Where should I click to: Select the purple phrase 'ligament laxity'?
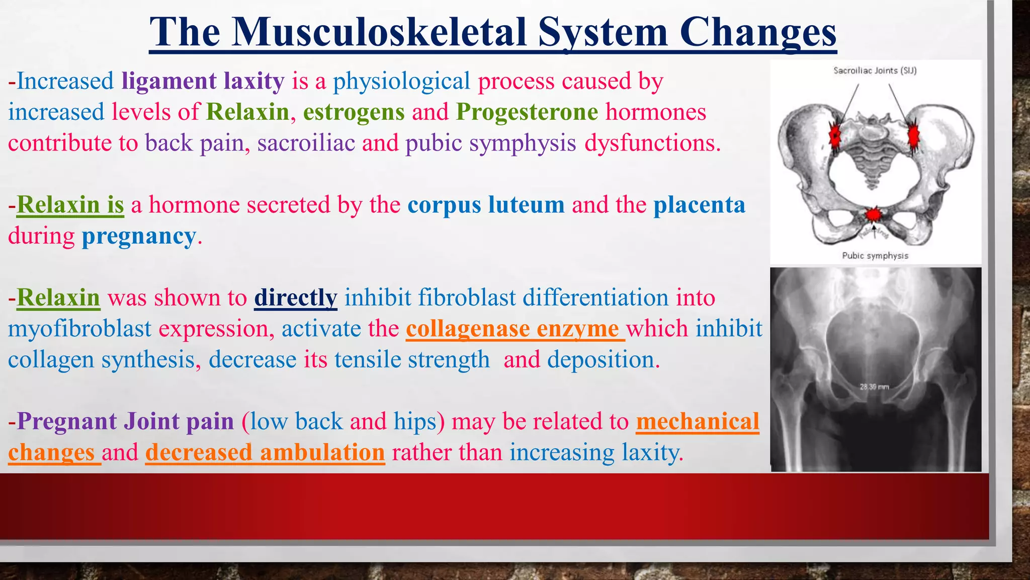click(x=203, y=81)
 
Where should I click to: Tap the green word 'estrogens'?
click(x=354, y=112)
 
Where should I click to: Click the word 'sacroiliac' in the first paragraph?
click(x=306, y=143)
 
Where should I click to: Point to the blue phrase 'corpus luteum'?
click(x=486, y=205)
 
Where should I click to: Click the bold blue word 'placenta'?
click(x=699, y=205)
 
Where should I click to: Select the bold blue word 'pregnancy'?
click(x=139, y=236)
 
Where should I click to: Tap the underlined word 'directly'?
click(x=295, y=298)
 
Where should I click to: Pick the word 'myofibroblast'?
click(x=79, y=329)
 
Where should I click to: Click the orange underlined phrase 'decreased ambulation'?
click(x=265, y=452)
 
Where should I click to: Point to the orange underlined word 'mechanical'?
click(x=698, y=421)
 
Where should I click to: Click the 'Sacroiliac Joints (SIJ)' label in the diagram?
click(x=875, y=70)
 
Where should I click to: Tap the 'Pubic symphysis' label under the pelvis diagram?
click(x=875, y=256)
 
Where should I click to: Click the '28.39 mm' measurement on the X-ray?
click(x=874, y=387)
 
